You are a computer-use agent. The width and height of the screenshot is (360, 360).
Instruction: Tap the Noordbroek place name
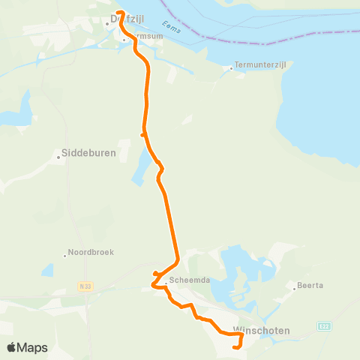[x=91, y=252]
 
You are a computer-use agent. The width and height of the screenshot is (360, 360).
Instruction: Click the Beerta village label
[x=309, y=286]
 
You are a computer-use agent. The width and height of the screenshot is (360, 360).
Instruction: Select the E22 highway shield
[x=323, y=326]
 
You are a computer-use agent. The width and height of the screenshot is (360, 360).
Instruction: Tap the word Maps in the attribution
[x=32, y=347]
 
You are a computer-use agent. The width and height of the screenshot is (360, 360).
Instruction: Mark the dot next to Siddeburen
[x=58, y=157]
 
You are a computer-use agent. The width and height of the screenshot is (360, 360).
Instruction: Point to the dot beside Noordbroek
[x=65, y=253]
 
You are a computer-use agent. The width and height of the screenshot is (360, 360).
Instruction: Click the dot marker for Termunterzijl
[x=231, y=68]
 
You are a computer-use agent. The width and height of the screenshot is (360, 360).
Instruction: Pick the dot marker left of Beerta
[x=295, y=286]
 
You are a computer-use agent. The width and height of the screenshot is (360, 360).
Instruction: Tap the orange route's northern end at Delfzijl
[x=120, y=13]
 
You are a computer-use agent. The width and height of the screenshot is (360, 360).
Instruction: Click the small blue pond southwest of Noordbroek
[x=47, y=269]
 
